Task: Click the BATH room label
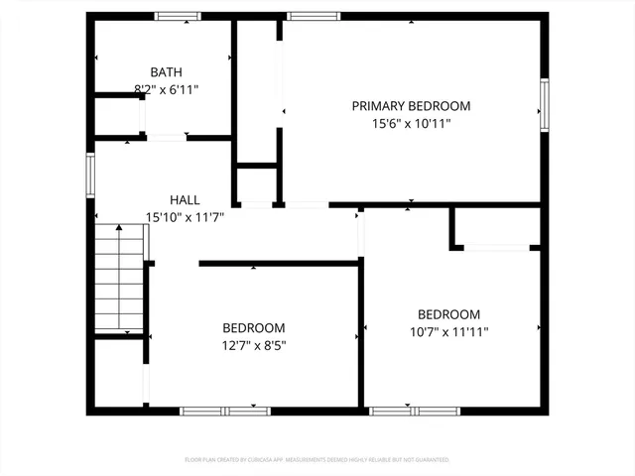coord(166,71)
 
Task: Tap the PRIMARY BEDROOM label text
coord(411,106)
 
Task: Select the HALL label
coord(185,198)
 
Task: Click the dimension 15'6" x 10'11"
coord(411,124)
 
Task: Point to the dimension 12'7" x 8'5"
coord(253,345)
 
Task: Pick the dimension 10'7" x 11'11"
coord(448,332)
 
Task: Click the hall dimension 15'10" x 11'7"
coord(186,216)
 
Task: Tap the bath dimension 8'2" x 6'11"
coord(167,89)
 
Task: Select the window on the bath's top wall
coord(178,16)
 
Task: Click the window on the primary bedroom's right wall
coord(544,106)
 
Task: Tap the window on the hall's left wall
coord(90,173)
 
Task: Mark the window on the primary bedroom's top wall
coord(314,16)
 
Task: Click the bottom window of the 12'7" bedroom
coord(224,410)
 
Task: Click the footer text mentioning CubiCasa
coord(317,460)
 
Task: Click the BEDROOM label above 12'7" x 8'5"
coord(253,328)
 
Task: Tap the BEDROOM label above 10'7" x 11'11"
coord(448,314)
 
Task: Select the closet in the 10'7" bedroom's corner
coord(496,227)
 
